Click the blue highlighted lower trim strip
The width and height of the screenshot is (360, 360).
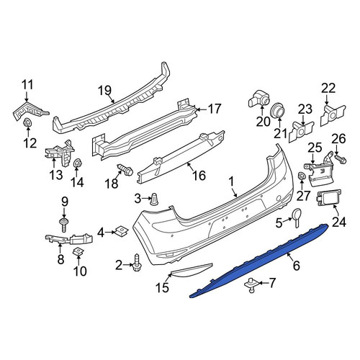[x=259, y=261]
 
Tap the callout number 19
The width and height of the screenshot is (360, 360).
[x=105, y=91]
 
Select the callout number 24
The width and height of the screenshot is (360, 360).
[x=339, y=222]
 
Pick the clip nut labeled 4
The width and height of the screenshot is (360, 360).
[x=122, y=231]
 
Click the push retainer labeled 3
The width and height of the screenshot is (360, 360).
[x=154, y=199]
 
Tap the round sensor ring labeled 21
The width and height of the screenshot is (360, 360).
[x=279, y=110]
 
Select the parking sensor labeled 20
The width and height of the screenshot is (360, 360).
[x=258, y=99]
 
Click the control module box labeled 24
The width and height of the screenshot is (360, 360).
[x=326, y=198]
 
